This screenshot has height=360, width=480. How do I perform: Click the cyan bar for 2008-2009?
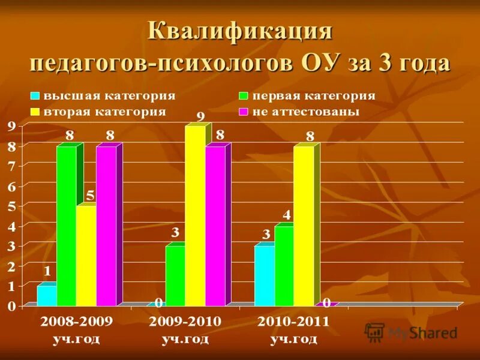click(x=46, y=296)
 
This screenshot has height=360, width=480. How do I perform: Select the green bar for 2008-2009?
click(x=66, y=226)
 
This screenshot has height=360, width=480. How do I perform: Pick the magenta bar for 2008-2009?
click(x=106, y=226)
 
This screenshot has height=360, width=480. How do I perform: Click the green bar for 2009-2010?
click(x=175, y=276)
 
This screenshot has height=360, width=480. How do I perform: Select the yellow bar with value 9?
click(x=195, y=216)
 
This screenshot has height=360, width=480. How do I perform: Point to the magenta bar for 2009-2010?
click(x=215, y=226)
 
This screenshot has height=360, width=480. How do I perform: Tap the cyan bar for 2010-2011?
click(x=264, y=276)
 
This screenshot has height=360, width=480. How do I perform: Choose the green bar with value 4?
click(x=284, y=266)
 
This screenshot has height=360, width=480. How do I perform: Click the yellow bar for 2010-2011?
click(x=304, y=226)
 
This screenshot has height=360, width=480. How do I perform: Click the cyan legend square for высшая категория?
click(x=35, y=96)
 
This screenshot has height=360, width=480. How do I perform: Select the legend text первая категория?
click(x=313, y=96)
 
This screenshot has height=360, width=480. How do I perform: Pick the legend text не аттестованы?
click(x=305, y=112)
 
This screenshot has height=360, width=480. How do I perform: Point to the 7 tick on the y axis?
click(x=11, y=166)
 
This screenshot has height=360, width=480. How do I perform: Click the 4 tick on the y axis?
click(x=11, y=226)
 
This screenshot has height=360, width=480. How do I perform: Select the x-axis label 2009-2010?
click(x=185, y=322)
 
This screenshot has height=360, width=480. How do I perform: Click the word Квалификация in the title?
click(x=240, y=31)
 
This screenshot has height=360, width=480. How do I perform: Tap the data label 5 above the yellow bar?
click(x=89, y=196)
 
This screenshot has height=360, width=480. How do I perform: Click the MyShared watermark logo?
click(x=411, y=332)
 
